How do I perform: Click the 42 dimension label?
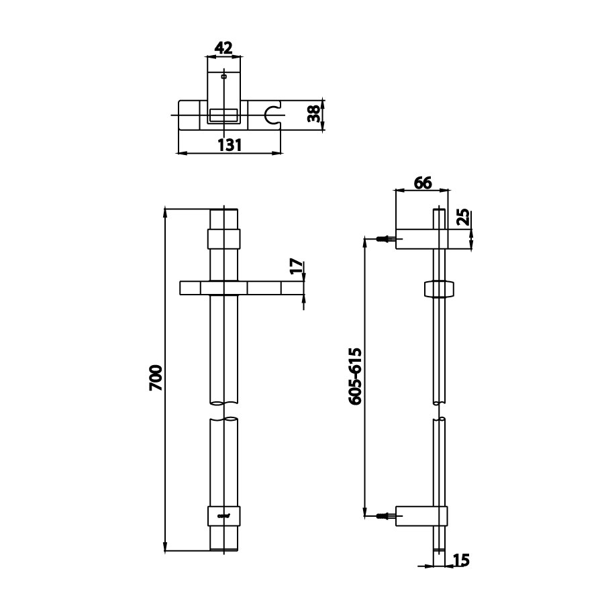click(223, 48)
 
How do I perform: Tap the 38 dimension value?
click(313, 115)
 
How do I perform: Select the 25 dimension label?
click(462, 217)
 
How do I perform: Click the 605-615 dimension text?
click(356, 376)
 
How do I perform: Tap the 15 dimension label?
click(460, 559)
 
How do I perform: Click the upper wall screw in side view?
click(385, 238)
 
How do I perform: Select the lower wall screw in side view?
click(385, 516)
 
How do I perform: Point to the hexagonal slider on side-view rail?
click(440, 289)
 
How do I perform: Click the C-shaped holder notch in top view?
click(272, 115)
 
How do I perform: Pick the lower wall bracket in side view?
click(421, 516)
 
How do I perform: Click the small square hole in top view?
click(223, 77)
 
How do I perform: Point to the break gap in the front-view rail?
click(224, 411)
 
